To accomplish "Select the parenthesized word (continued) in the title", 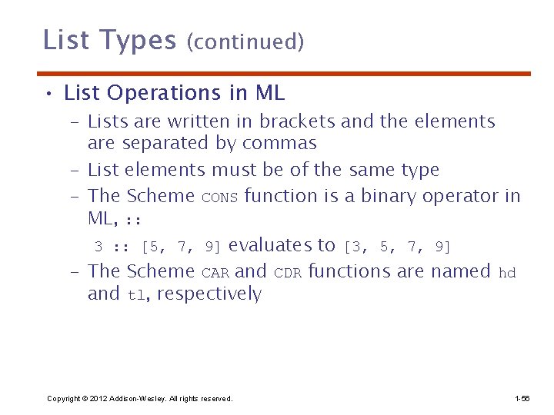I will point(245,41).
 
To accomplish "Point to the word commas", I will point(279,144).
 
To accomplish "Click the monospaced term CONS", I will point(220,198).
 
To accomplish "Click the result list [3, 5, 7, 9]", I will point(397,247).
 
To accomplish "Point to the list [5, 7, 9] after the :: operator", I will point(181,247).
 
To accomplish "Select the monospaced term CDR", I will point(288,273).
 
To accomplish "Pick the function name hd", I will point(507,272).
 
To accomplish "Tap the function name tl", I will point(135,295).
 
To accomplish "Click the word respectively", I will point(209,294).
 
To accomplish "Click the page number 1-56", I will point(522,398).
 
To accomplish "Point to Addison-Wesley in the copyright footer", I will point(135,398).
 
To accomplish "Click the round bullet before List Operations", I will point(48,95).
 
